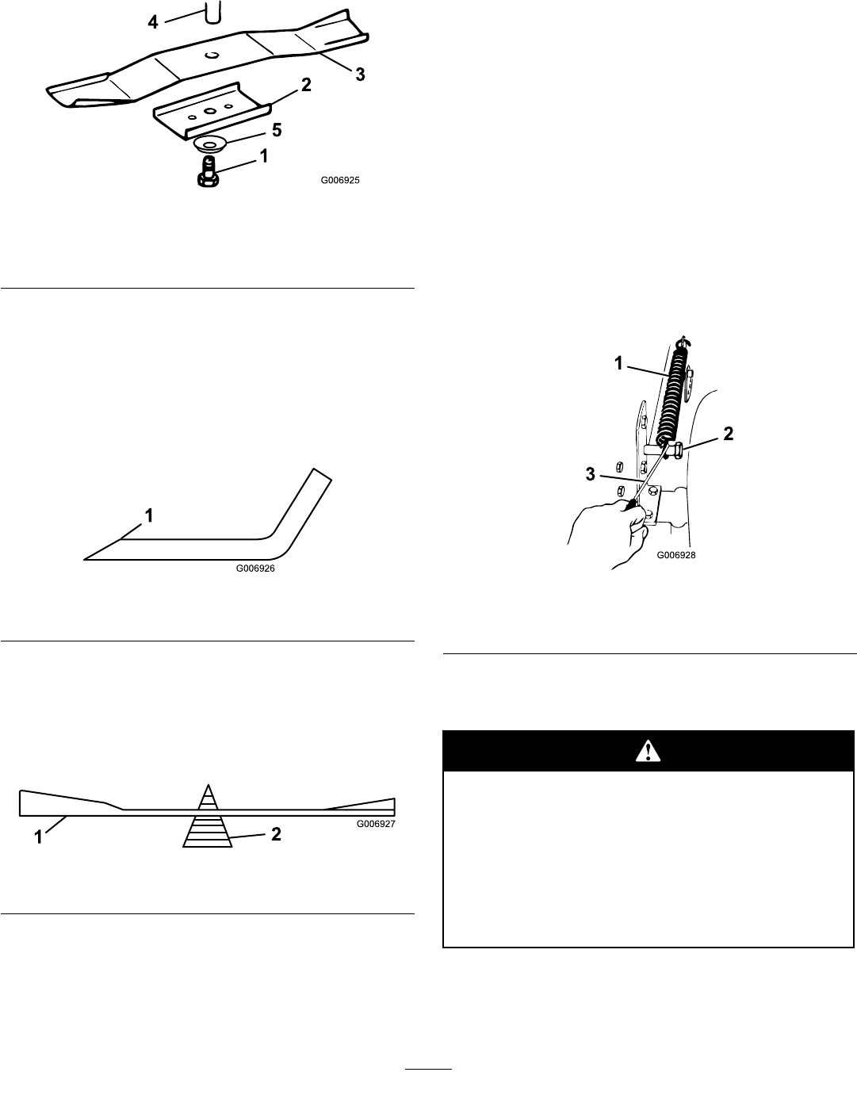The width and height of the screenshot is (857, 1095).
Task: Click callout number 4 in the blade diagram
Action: (x=153, y=22)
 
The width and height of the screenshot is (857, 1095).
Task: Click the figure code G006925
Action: (x=340, y=180)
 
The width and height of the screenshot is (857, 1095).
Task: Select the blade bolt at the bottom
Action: (x=209, y=170)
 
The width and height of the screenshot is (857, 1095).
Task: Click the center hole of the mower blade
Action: (x=211, y=56)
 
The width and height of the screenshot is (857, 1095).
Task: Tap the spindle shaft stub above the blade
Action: (x=211, y=12)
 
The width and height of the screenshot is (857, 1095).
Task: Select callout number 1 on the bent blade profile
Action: (x=147, y=515)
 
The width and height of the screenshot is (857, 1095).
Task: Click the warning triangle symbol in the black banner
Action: (x=648, y=752)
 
